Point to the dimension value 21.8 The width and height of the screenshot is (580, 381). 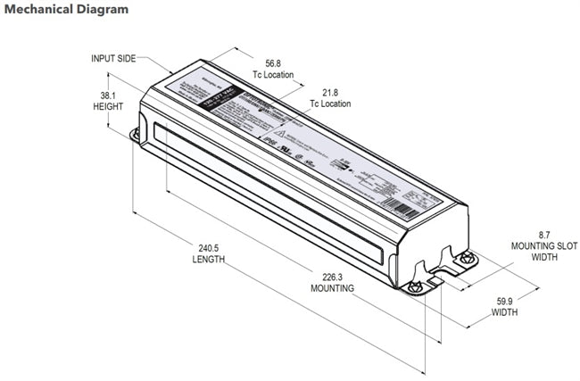pos(329,92)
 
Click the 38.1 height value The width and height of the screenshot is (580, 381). pos(106,95)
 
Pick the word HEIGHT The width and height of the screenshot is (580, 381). pos(107,106)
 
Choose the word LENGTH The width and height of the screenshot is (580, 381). pos(208,260)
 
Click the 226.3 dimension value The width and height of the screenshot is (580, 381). pos(331,276)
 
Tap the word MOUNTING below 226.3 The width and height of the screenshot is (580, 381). pos(332,288)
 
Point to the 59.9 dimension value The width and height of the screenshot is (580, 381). pos(506,302)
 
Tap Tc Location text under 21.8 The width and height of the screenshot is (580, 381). pos(330,104)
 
